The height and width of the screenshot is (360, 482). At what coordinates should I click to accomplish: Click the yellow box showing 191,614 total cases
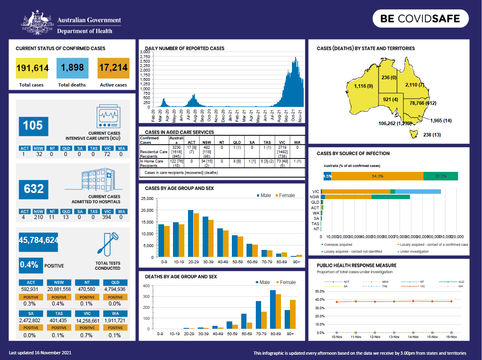click(32, 68)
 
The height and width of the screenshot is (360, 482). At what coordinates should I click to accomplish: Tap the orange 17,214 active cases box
click(113, 68)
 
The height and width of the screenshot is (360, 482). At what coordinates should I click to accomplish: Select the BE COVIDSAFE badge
click(420, 19)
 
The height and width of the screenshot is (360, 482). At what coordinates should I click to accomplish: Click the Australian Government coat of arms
click(37, 23)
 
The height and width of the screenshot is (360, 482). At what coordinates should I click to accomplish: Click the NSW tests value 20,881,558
click(59, 289)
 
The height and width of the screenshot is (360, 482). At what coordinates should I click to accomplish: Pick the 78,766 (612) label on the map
click(423, 103)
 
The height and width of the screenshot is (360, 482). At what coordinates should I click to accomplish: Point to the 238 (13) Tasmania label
click(432, 135)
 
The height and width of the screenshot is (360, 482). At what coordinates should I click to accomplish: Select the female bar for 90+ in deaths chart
click(293, 314)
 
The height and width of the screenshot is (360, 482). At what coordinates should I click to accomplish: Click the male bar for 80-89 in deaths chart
click(273, 310)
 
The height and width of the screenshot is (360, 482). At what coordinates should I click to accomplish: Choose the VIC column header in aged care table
click(280, 142)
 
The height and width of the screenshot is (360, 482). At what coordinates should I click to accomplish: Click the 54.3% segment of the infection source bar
click(377, 176)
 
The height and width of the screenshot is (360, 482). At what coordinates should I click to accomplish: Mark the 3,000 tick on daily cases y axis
click(145, 52)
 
